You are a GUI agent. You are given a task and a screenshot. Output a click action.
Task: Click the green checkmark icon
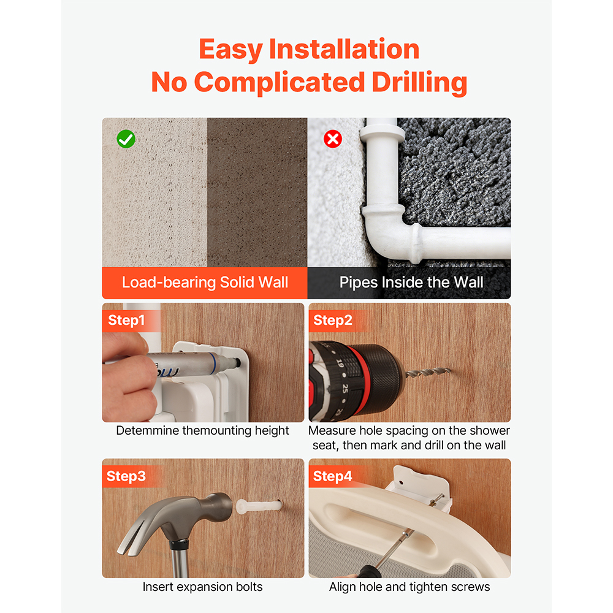click(126, 139)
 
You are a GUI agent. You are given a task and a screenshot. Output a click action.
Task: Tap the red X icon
click(333, 139)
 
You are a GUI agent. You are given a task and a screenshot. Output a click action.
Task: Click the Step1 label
click(126, 320)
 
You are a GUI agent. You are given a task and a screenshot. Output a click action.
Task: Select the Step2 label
click(333, 320)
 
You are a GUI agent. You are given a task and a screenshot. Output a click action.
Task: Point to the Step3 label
click(126, 476)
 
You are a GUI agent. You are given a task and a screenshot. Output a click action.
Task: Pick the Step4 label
click(333, 476)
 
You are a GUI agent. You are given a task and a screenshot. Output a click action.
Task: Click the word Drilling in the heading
click(419, 83)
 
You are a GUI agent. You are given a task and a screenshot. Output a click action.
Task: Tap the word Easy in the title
click(230, 50)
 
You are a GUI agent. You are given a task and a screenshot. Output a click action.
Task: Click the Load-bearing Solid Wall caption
click(205, 282)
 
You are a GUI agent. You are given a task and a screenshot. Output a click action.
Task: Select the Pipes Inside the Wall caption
click(411, 282)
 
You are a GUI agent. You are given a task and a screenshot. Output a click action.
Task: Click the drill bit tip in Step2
click(449, 370)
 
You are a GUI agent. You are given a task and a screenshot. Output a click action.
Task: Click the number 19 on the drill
click(340, 364)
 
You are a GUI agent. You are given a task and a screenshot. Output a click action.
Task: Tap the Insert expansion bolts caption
click(202, 587)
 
